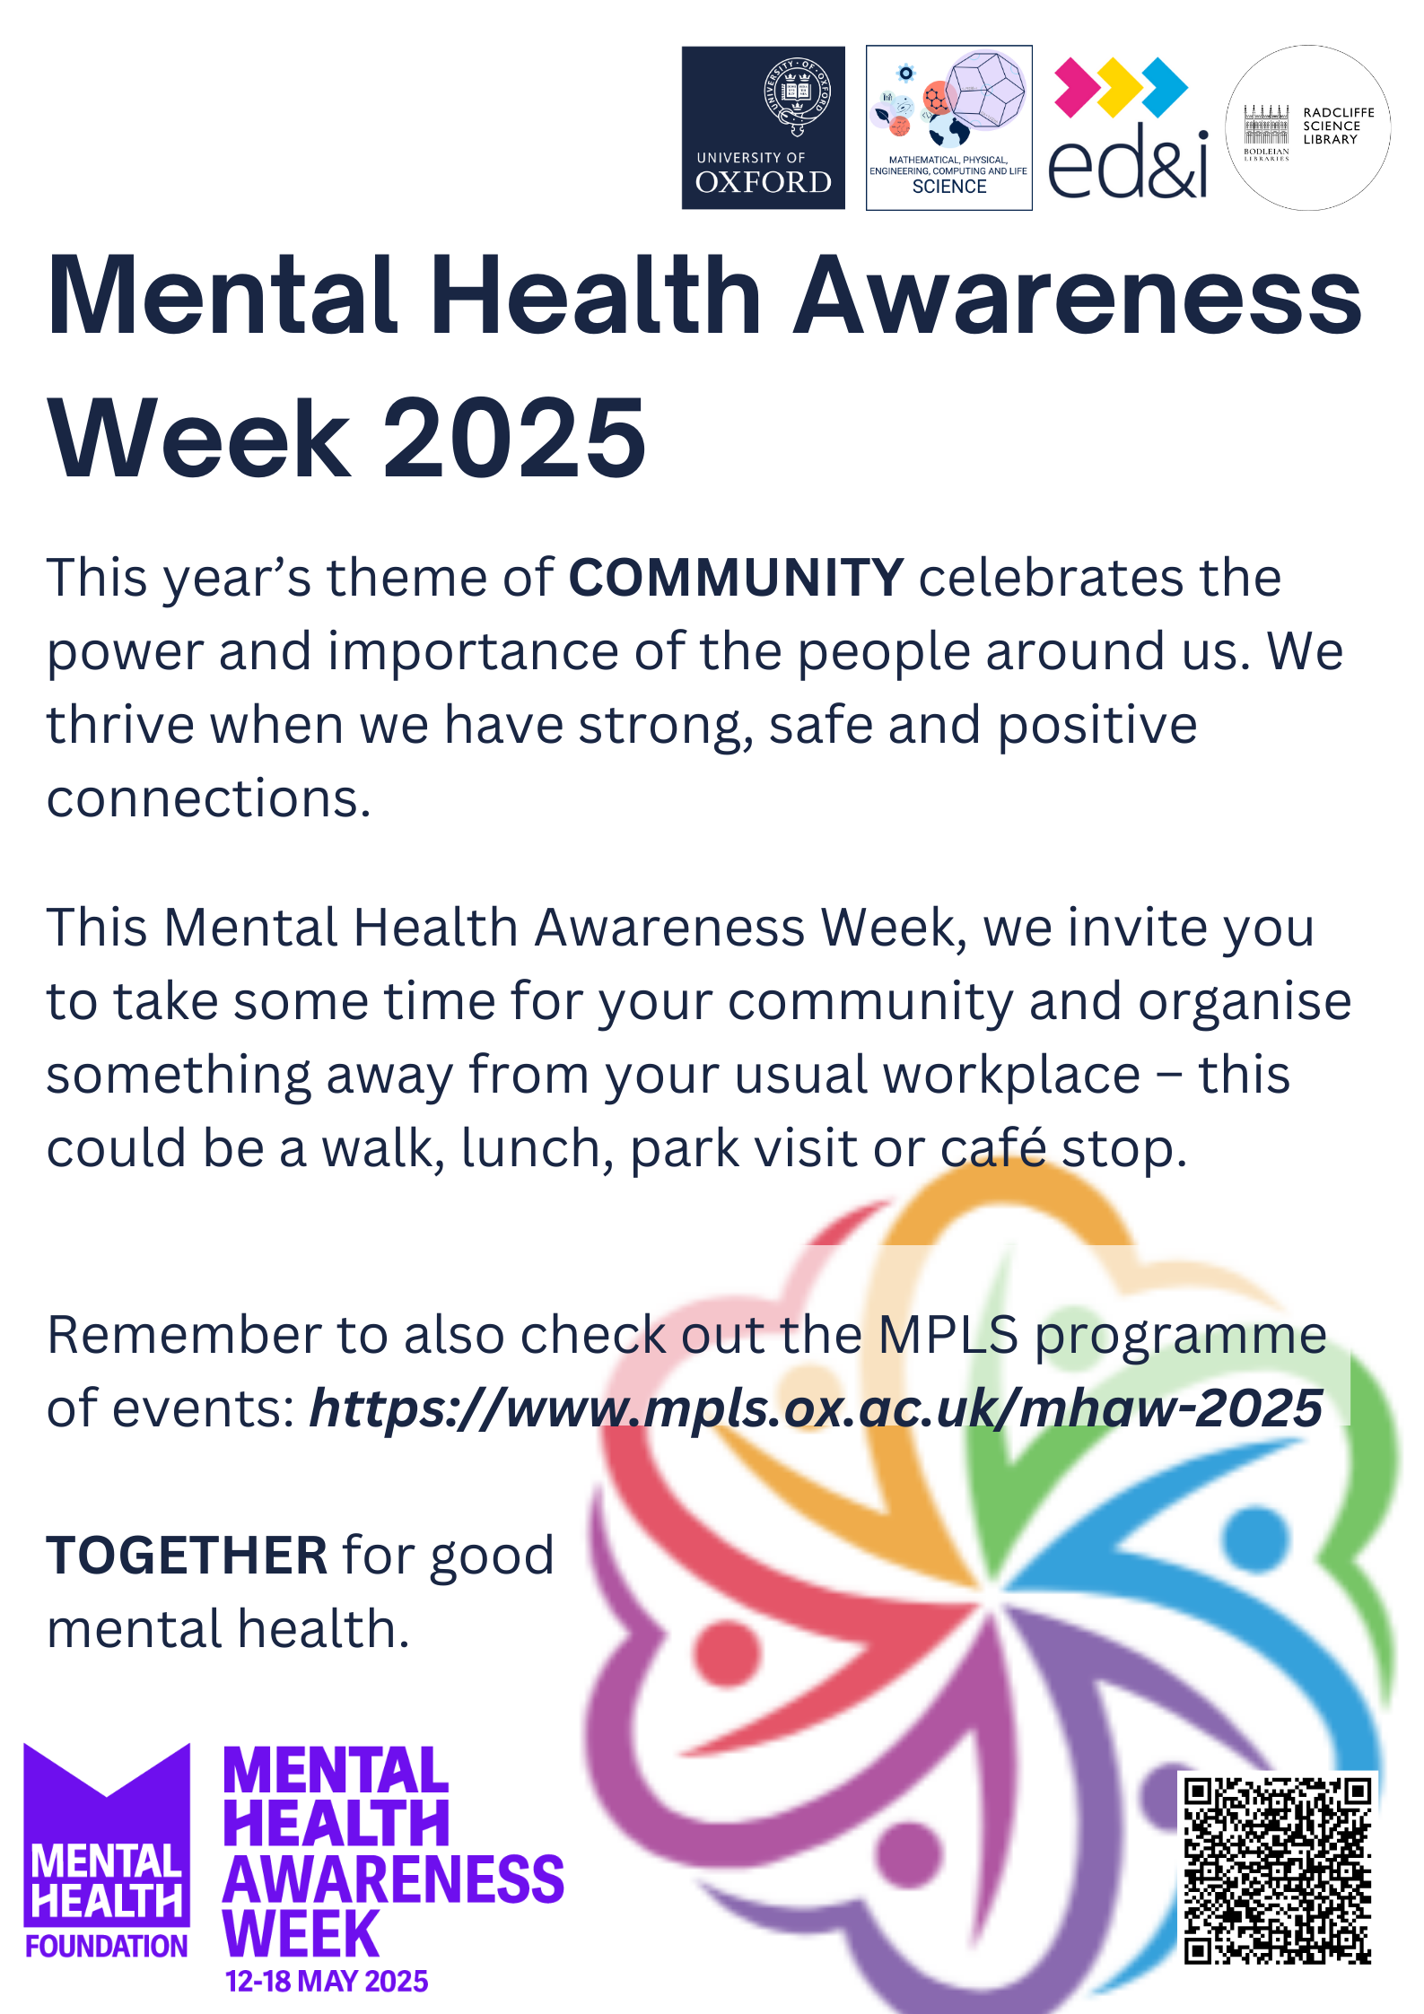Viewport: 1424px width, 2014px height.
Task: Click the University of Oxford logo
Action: pyautogui.click(x=763, y=127)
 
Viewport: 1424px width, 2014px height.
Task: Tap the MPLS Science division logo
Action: pyautogui.click(x=948, y=127)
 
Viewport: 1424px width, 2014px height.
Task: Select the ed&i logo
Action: pyautogui.click(x=1128, y=127)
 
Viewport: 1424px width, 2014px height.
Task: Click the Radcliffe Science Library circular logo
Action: pyautogui.click(x=1307, y=127)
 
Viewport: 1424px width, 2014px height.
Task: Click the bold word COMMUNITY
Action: pyautogui.click(x=736, y=577)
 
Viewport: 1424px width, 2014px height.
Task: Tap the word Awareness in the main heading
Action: pyautogui.click(x=1078, y=295)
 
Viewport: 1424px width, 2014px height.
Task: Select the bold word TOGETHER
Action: pyautogui.click(x=187, y=1555)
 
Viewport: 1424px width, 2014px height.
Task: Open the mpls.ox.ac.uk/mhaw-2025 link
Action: pyautogui.click(x=816, y=1408)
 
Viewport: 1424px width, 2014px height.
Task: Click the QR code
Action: pyautogui.click(x=1277, y=1869)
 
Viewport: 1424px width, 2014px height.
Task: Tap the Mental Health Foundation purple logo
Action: pyautogui.click(x=107, y=1851)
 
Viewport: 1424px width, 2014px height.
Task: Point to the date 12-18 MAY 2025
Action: pyautogui.click(x=327, y=1981)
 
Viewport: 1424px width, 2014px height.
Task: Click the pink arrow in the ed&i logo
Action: pyautogui.click(x=1075, y=88)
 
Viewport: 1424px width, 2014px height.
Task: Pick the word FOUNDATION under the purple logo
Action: pyautogui.click(x=107, y=1946)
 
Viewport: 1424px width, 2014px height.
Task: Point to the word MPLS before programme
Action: pyautogui.click(x=948, y=1335)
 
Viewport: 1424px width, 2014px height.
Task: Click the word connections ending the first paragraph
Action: pyautogui.click(x=208, y=798)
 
